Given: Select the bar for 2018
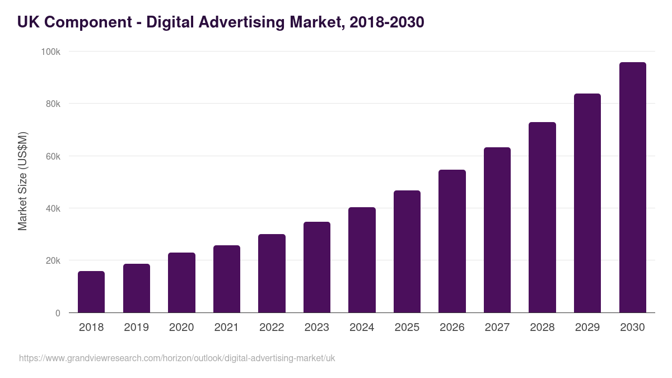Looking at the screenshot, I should [x=91, y=292].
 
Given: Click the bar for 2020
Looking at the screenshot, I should [x=181, y=283].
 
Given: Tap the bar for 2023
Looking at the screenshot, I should [x=317, y=267].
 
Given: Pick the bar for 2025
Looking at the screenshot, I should [x=407, y=251].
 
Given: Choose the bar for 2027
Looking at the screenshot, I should [x=497, y=230].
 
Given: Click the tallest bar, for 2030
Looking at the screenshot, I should [x=632, y=188].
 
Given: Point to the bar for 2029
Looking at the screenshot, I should [x=587, y=203].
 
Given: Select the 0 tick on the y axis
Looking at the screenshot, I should [x=58, y=313].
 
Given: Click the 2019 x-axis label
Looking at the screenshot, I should [x=136, y=328].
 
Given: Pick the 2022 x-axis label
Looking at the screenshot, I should [x=272, y=328].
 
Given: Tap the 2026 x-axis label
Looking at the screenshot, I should [x=452, y=328].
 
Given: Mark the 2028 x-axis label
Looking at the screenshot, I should [x=542, y=328].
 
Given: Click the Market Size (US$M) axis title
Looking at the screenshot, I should [x=22, y=180].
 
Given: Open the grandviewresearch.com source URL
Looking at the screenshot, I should [x=177, y=358].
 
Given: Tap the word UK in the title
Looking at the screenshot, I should [x=27, y=22].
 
